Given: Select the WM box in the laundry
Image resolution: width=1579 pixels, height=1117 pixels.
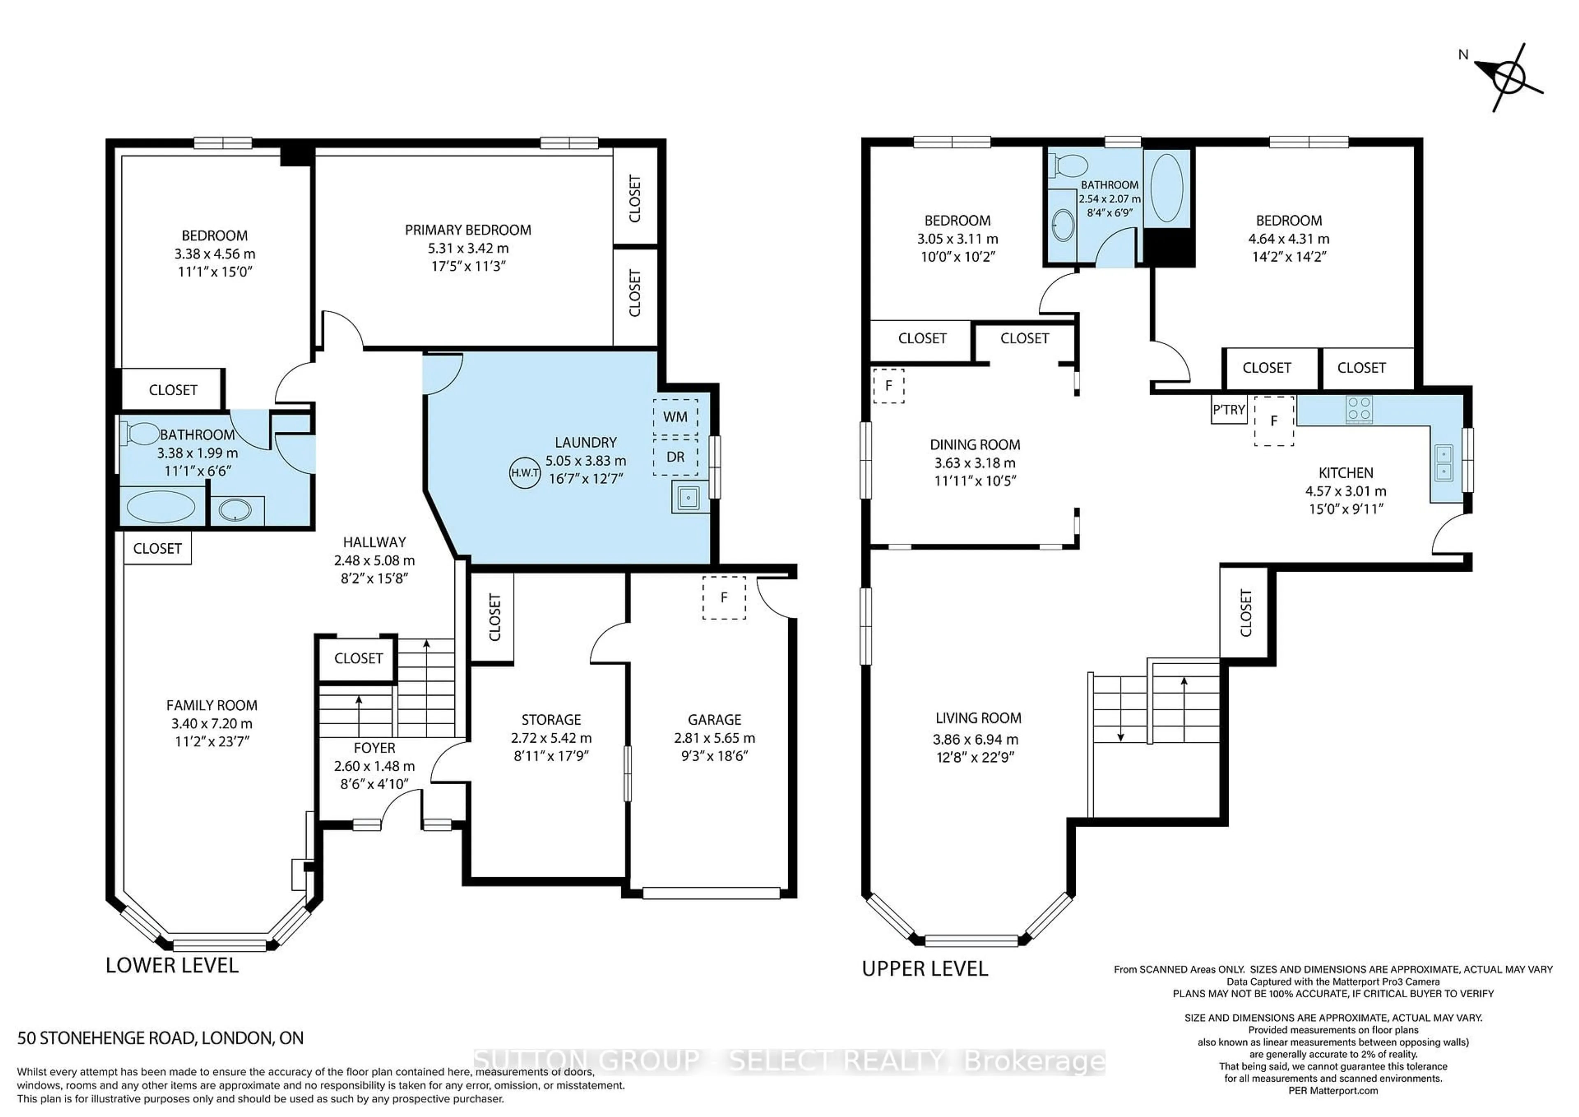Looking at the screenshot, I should (675, 417).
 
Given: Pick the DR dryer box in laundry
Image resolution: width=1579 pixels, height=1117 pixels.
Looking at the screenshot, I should (675, 457).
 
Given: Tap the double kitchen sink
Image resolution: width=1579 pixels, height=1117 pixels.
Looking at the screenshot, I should (1444, 462).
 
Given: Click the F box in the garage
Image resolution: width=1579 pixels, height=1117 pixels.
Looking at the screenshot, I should (723, 598).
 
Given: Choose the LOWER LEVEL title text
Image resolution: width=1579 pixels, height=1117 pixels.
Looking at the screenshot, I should (172, 966).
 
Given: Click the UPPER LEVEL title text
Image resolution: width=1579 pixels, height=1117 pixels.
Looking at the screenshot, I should (924, 969).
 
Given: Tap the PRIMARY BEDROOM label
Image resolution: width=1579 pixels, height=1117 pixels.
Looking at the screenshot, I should (468, 230).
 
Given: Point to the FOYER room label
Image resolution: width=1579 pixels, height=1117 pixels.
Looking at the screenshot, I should (374, 748).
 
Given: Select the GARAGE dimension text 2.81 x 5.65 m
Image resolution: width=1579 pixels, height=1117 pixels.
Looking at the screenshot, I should (715, 738).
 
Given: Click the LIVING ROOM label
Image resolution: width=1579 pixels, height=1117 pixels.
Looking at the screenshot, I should (978, 718).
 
